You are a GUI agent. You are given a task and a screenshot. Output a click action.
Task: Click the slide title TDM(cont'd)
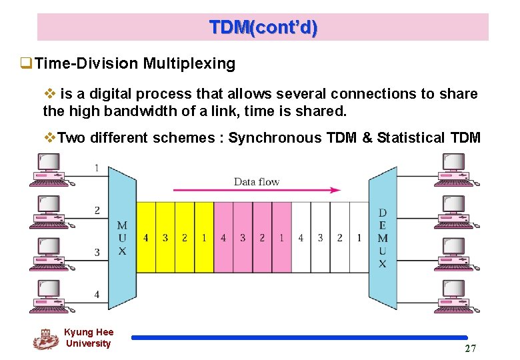point(263,28)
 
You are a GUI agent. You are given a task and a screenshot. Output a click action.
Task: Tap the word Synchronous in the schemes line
point(270,138)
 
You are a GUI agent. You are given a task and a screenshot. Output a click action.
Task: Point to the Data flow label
point(257,181)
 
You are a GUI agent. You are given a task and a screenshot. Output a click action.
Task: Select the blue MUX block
point(122,237)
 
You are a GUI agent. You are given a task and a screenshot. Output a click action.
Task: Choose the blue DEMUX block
point(383,237)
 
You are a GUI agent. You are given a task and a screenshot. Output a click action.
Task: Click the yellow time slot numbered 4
point(146,237)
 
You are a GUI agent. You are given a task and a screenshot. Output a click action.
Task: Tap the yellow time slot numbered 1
point(204,237)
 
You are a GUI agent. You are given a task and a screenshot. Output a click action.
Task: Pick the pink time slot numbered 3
point(243,237)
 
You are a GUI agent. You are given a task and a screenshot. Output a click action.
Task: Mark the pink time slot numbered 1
point(281,237)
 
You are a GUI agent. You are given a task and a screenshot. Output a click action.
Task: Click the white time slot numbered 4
point(301,237)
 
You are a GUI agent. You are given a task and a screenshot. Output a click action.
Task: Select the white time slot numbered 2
point(339,237)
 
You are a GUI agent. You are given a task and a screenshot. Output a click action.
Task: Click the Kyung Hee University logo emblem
point(45,339)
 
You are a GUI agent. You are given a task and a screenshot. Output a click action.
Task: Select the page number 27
point(471,349)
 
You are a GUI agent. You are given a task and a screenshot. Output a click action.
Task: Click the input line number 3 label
point(97,252)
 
